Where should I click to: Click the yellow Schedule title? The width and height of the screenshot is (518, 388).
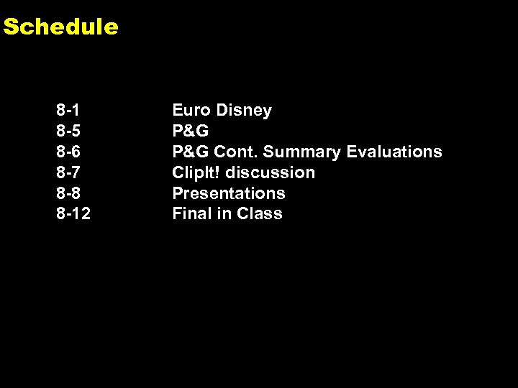(x=60, y=27)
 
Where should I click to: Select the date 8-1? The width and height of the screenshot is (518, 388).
(x=68, y=111)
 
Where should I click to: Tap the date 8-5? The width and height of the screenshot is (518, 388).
(x=68, y=131)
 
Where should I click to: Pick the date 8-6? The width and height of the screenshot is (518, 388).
(x=68, y=152)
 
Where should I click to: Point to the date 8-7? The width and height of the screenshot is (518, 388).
(x=68, y=172)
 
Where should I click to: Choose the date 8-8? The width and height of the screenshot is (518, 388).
(x=68, y=193)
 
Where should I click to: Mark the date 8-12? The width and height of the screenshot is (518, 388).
(x=73, y=213)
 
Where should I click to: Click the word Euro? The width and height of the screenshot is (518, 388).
(x=191, y=111)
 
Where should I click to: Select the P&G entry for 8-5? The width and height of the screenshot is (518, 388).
(x=191, y=131)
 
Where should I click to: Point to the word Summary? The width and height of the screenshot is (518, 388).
(x=301, y=152)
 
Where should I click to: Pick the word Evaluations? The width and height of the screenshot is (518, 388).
(x=394, y=152)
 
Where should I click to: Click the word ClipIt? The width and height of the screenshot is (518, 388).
(x=196, y=172)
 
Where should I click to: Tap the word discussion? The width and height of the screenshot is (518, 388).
(x=271, y=172)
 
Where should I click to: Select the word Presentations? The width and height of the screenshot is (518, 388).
(x=229, y=193)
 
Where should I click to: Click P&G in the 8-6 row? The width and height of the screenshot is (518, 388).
(x=191, y=152)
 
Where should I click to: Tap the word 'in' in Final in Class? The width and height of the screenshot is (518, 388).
(x=225, y=213)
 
